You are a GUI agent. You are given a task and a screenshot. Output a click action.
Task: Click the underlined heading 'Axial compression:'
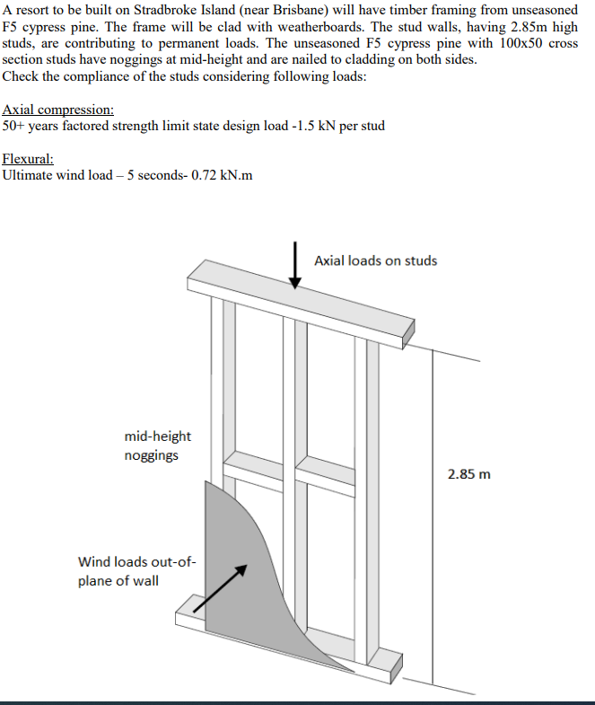[57, 110]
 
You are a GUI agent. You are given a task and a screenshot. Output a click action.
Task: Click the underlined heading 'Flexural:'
[29, 158]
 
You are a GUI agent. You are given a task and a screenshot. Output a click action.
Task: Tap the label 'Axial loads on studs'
[376, 260]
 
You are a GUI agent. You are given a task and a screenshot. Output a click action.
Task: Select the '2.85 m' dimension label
[469, 473]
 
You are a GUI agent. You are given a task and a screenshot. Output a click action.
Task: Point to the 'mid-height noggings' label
[158, 445]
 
